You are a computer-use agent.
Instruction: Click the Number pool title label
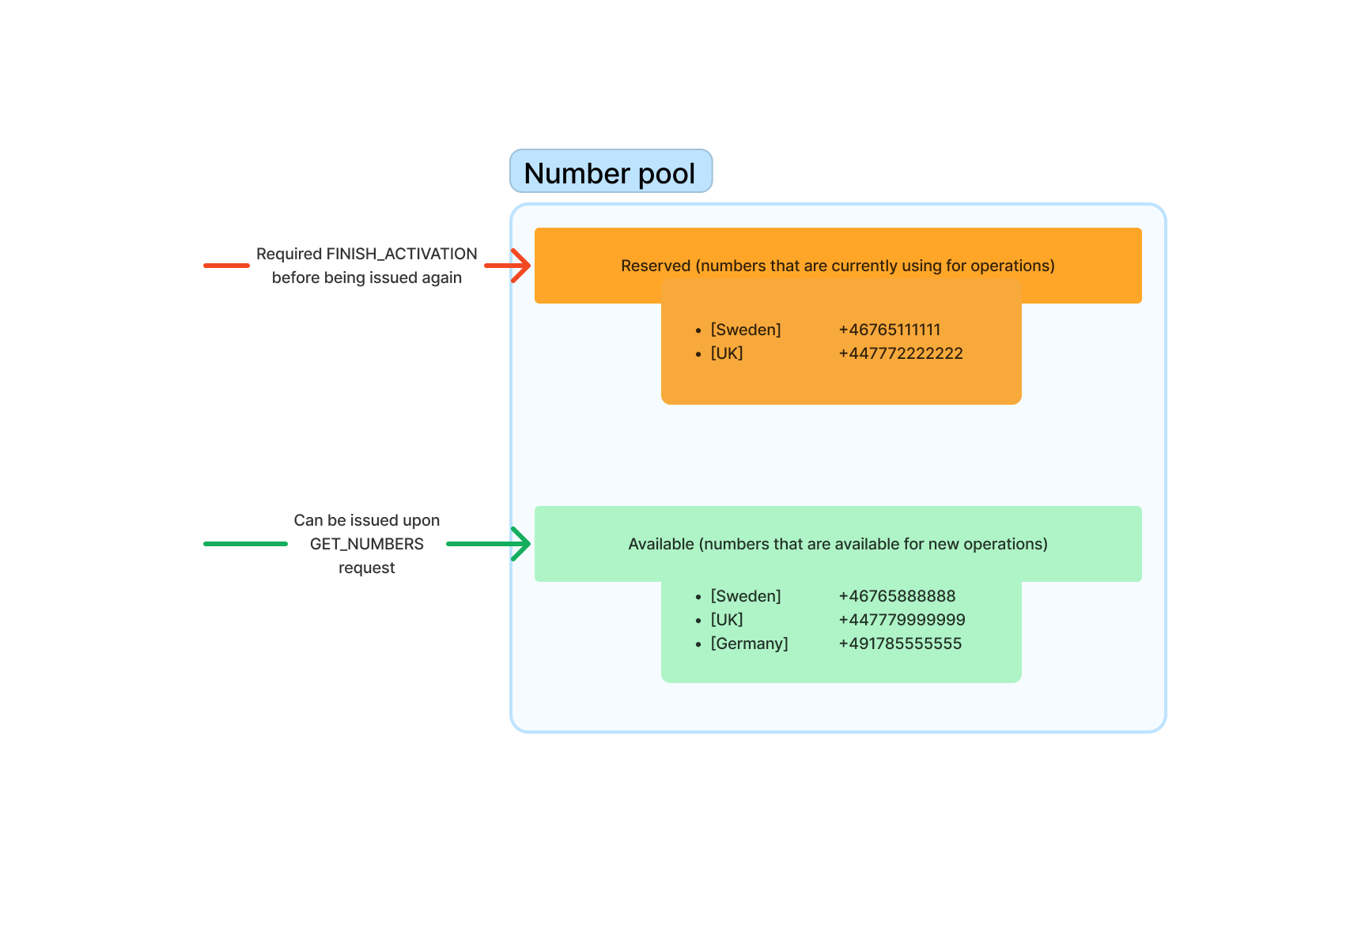(x=610, y=172)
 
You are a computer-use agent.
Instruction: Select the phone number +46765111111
(x=889, y=330)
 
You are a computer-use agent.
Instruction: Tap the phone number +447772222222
(x=900, y=353)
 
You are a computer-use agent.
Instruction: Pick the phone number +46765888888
(x=896, y=596)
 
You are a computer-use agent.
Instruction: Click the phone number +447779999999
(x=902, y=620)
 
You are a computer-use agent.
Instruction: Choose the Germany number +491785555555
(x=899, y=643)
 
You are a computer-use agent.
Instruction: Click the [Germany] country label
(x=749, y=643)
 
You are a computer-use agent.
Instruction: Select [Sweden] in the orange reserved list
(x=745, y=330)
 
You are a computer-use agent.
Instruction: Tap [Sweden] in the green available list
(x=745, y=596)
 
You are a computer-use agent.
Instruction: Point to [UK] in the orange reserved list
(x=726, y=353)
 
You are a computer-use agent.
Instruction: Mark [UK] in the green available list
(x=726, y=620)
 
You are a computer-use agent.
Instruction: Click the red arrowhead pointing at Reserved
(x=520, y=266)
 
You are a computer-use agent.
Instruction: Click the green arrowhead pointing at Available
(x=520, y=544)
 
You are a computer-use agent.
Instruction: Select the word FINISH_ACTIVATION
(x=401, y=254)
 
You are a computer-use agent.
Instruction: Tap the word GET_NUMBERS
(x=366, y=544)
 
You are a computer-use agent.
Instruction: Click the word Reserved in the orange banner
(x=655, y=266)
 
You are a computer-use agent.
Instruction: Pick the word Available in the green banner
(x=660, y=544)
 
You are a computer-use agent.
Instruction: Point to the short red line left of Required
(x=226, y=266)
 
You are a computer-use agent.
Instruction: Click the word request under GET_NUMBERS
(x=366, y=568)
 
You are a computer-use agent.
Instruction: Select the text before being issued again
(x=366, y=277)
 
